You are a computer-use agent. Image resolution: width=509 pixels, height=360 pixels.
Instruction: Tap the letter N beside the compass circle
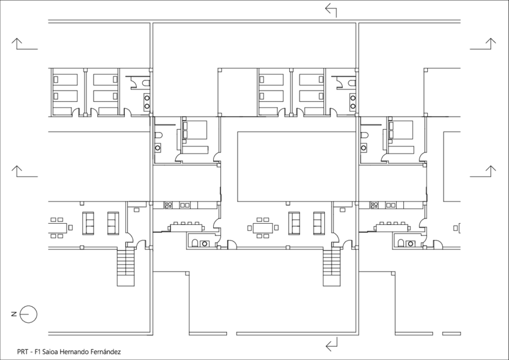pos(13,313)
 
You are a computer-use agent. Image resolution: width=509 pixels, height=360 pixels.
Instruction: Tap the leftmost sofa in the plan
pos(88,223)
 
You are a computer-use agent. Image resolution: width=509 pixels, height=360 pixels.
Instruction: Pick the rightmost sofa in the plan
pos(318,223)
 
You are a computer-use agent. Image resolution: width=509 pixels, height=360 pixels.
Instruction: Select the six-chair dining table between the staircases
pos(262,228)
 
